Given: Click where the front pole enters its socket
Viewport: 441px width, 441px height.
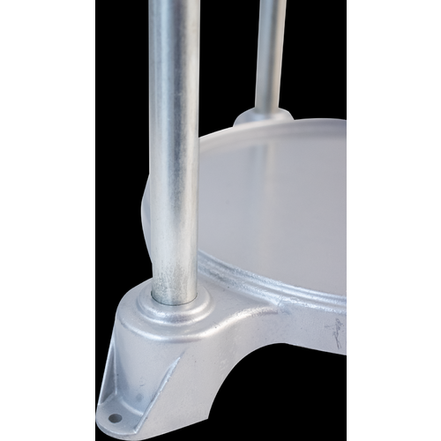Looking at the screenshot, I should pyautogui.click(x=173, y=296).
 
